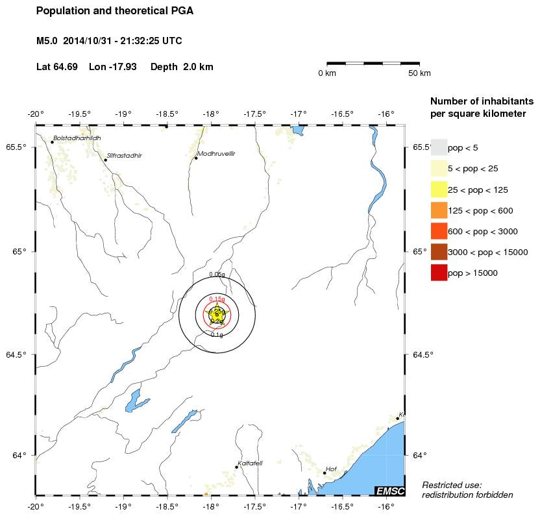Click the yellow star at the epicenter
point(217,314)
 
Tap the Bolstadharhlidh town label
point(77,138)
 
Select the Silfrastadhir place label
point(124,156)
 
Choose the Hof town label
point(331,468)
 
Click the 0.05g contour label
point(217,275)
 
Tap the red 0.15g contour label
point(217,299)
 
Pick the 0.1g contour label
point(217,335)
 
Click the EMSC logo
point(389,491)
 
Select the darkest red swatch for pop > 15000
point(439,273)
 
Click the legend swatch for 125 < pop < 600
point(439,210)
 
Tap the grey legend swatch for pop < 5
point(439,147)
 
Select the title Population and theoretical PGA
point(115,11)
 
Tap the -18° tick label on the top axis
point(210,114)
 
